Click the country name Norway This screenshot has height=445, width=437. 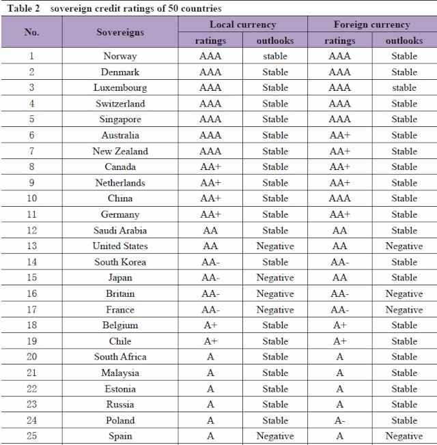click(x=120, y=56)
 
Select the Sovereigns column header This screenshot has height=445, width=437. click(x=120, y=32)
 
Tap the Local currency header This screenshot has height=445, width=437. click(x=242, y=25)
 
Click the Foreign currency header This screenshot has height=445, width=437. click(x=371, y=25)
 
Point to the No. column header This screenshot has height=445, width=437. click(x=31, y=32)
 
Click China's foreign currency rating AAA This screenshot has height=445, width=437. click(x=339, y=199)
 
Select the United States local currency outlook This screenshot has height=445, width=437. click(x=275, y=246)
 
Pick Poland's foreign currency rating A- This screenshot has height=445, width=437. click(x=339, y=420)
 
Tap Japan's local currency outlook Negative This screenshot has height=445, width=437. click(x=275, y=278)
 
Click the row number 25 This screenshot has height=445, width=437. click(x=31, y=436)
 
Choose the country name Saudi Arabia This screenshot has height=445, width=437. click(x=120, y=231)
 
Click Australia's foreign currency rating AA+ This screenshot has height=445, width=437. click(x=339, y=135)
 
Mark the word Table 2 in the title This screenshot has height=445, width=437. click(x=24, y=8)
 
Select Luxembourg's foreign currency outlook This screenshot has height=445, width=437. click(x=404, y=88)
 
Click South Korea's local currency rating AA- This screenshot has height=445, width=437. click(x=210, y=262)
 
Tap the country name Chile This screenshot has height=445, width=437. click(x=120, y=341)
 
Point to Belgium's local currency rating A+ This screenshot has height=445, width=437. click(x=210, y=326)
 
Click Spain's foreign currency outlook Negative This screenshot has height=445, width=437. click(x=404, y=436)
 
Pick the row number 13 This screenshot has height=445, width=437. click(x=31, y=246)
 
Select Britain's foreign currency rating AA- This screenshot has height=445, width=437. click(x=339, y=294)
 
